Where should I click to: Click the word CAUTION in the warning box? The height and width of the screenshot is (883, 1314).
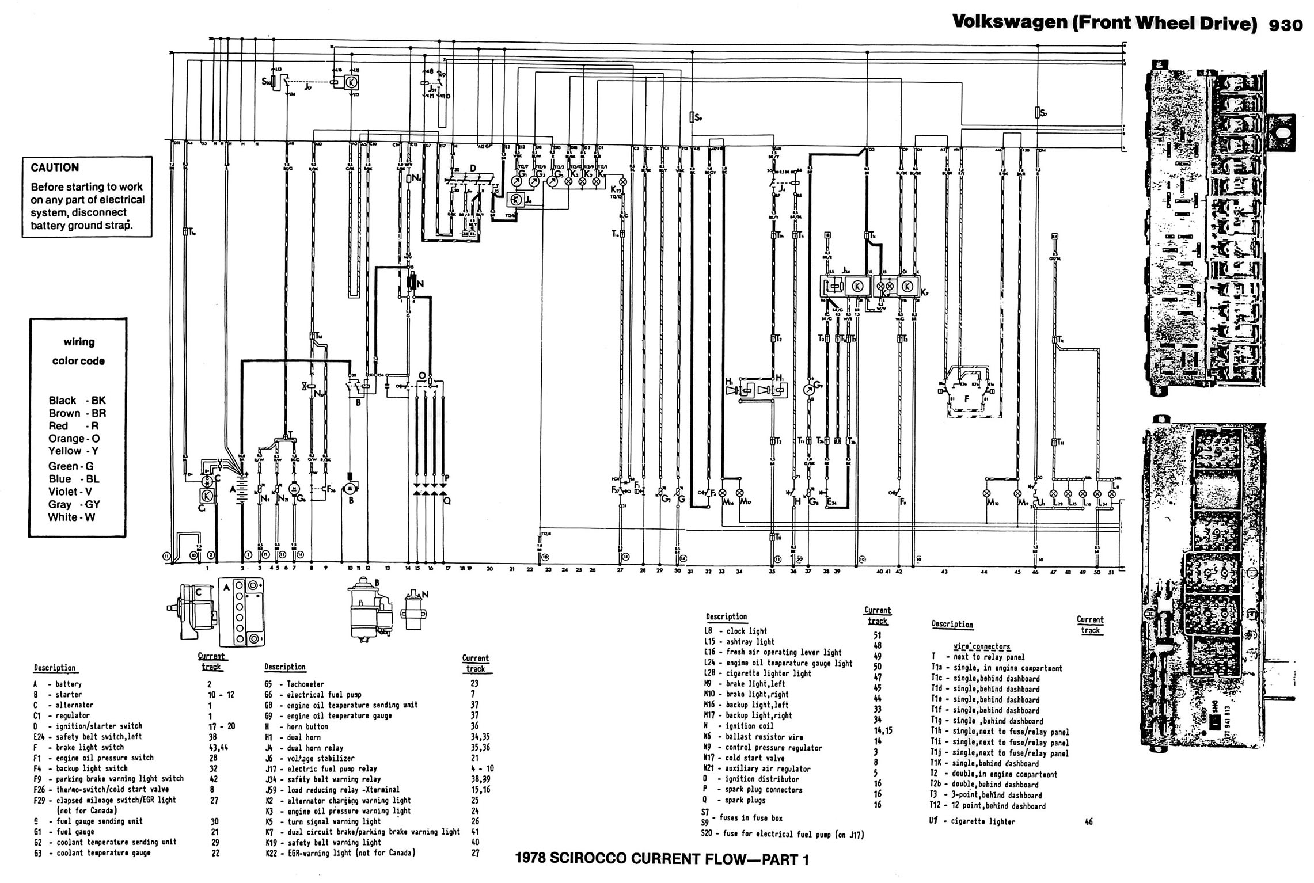(x=55, y=168)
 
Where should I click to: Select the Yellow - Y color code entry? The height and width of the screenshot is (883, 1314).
(x=73, y=451)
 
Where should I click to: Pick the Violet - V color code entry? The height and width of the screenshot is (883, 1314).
(x=70, y=492)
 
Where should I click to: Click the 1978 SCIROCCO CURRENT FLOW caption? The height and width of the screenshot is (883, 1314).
(x=662, y=859)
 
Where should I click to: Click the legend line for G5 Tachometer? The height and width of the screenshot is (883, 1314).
(x=294, y=684)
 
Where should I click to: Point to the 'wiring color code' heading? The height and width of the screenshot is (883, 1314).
(x=78, y=351)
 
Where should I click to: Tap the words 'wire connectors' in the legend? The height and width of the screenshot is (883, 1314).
(x=982, y=646)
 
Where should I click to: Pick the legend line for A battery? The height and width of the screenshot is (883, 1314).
(x=58, y=684)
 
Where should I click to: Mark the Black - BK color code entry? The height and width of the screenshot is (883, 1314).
(x=77, y=401)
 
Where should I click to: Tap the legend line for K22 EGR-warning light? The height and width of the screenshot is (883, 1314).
(x=340, y=852)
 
